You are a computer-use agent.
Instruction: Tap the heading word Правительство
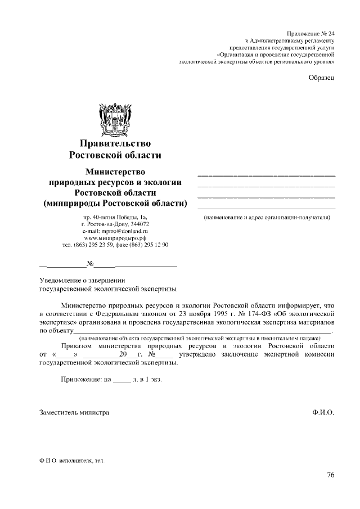point(115,144)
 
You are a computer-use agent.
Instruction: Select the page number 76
point(330,475)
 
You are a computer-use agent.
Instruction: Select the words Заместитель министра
point(74,412)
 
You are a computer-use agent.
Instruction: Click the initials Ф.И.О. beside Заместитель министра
point(323,412)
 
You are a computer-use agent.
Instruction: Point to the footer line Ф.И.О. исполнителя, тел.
point(72,461)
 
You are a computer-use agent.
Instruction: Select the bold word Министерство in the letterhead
point(115,171)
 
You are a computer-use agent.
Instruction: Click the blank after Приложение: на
point(121,380)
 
